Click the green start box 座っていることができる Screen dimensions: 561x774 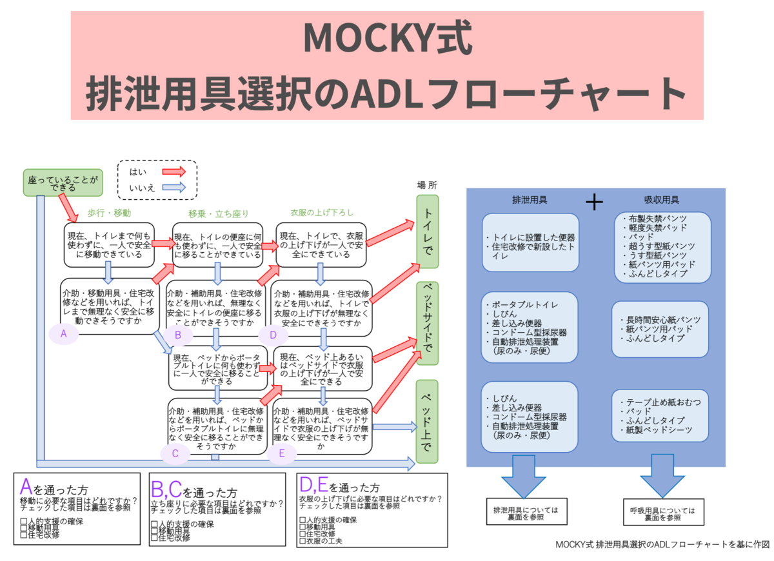63,182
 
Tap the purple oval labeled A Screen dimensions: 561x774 63,333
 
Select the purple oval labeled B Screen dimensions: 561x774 178,335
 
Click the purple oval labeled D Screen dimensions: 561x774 273,335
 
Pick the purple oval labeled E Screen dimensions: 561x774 281,454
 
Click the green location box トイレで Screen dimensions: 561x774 427,232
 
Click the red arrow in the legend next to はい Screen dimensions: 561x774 173,172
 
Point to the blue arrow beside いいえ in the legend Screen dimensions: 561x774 173,188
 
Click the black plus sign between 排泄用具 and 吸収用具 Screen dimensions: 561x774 594,202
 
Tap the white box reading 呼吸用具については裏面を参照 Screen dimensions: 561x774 662,513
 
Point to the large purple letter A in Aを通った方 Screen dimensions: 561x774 26,487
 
